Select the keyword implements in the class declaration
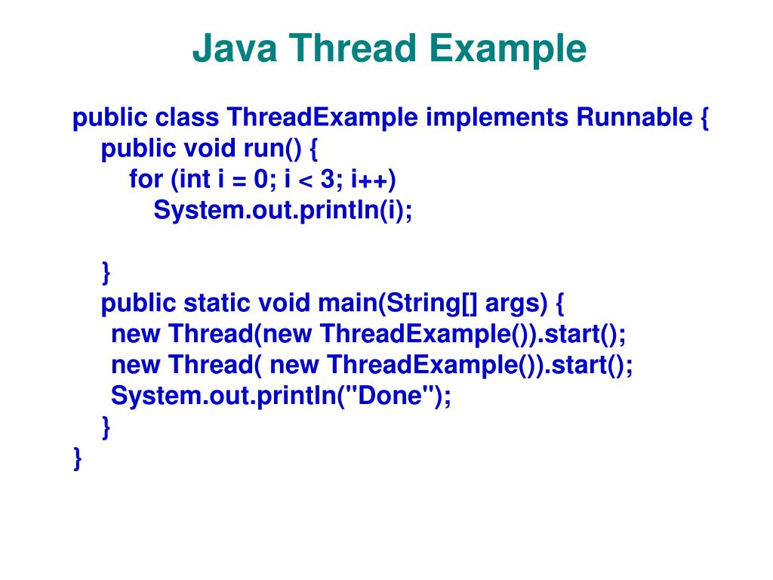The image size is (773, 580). point(497,119)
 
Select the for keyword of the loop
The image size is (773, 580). point(146,180)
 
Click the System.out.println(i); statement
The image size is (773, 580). point(283,211)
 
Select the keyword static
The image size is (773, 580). point(218,303)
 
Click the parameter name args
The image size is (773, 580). point(515,303)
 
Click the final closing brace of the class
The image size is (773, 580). point(78,458)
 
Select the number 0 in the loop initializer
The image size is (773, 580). point(261,180)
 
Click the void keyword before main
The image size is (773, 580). point(285,303)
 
